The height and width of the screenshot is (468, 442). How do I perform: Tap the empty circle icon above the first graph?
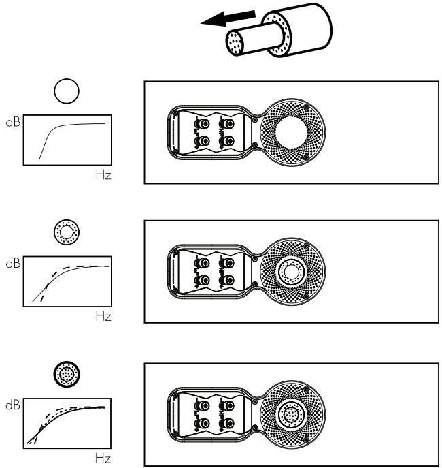click(x=67, y=91)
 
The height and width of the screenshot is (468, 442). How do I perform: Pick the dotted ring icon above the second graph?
click(x=67, y=233)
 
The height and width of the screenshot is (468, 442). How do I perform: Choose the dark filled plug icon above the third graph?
click(x=67, y=374)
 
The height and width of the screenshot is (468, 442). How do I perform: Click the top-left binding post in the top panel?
click(x=202, y=123)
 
